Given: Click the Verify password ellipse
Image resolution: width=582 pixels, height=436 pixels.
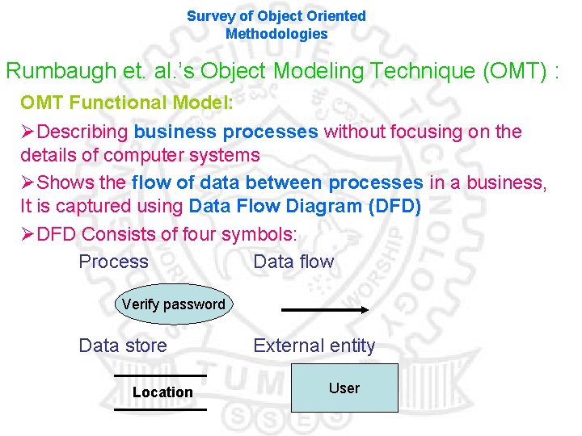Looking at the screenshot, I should click(173, 304).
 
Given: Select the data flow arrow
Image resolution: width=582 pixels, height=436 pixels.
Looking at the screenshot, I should click(323, 309).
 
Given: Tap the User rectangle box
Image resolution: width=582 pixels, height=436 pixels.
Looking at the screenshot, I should click(344, 388).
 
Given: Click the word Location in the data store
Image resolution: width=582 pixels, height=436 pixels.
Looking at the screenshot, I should click(162, 392).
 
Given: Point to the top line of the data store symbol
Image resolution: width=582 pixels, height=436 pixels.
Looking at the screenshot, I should click(160, 375).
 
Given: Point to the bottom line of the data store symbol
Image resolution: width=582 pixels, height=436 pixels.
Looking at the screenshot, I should click(160, 409).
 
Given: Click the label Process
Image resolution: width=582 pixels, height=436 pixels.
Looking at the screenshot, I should click(113, 262).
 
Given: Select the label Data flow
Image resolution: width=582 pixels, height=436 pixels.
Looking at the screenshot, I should click(293, 262).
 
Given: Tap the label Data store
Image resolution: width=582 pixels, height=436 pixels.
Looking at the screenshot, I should click(123, 346).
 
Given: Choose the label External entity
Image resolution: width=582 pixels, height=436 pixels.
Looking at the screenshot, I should click(314, 346).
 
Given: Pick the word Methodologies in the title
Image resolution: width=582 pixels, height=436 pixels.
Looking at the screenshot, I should click(276, 34).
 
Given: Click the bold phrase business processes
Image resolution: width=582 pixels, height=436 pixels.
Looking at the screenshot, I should click(226, 132).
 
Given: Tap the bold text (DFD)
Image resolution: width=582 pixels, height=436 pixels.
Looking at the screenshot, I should click(394, 206).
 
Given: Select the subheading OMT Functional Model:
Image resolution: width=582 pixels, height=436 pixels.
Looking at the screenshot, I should click(127, 103).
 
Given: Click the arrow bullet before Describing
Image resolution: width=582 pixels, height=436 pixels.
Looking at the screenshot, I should click(28, 132).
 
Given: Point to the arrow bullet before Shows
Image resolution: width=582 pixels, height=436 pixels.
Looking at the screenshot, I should click(28, 183).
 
